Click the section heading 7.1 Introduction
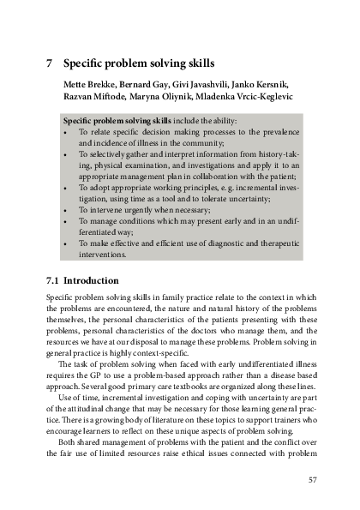[x=87, y=280]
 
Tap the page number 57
[x=312, y=479]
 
